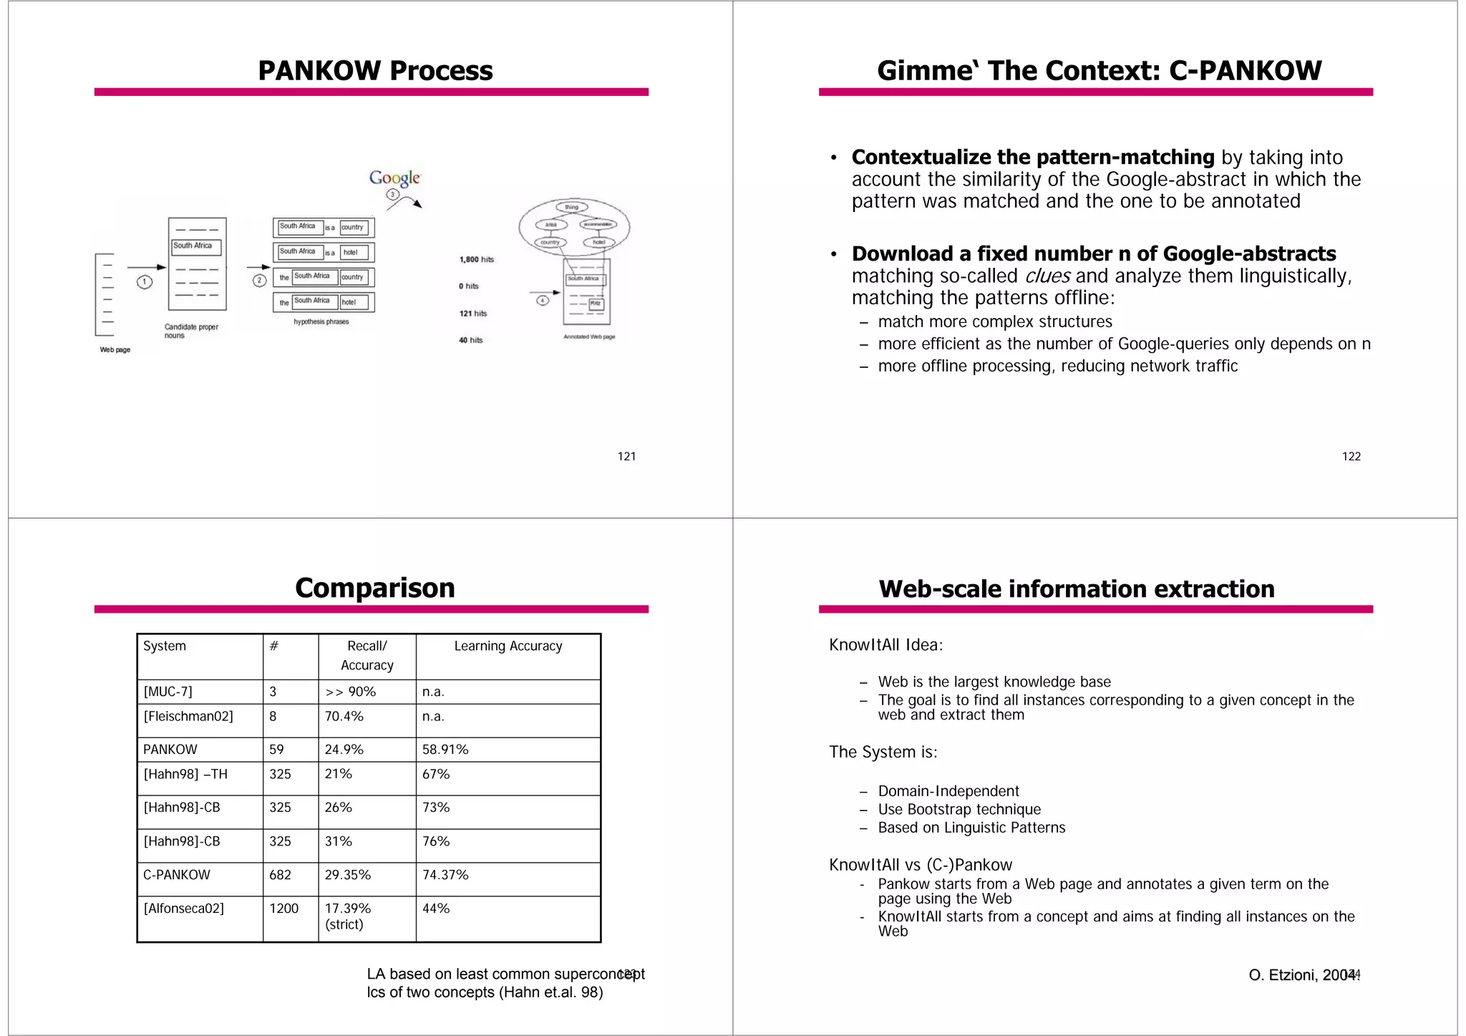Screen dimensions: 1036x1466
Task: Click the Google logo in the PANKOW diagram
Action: (x=394, y=178)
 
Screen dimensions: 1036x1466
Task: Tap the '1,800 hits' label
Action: (x=476, y=259)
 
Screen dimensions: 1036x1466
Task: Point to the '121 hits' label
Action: (x=472, y=314)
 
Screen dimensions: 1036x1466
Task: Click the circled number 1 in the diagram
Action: (x=145, y=281)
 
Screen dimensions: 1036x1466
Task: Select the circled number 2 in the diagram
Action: (x=260, y=280)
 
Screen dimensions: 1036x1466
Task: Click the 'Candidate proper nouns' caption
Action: (x=190, y=331)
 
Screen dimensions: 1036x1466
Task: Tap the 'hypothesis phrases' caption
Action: (x=321, y=322)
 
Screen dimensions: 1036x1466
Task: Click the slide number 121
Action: (x=626, y=457)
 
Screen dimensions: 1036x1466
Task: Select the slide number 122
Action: (x=1351, y=457)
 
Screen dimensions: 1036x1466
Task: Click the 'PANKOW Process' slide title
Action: (x=375, y=71)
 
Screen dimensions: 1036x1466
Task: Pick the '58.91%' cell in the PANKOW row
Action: (x=445, y=750)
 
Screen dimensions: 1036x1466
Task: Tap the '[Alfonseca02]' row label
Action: (x=184, y=909)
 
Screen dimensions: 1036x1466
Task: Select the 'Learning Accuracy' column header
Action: (x=508, y=646)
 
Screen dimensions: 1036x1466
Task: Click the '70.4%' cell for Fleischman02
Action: (x=344, y=717)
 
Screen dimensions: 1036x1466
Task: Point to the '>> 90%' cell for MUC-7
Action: (x=351, y=692)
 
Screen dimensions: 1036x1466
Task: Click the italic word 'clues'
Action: (x=1047, y=276)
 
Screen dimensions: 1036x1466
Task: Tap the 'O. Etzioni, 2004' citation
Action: (x=1300, y=975)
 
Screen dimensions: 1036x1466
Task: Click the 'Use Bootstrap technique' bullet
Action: (x=959, y=810)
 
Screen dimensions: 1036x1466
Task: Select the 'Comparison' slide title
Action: (x=375, y=588)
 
